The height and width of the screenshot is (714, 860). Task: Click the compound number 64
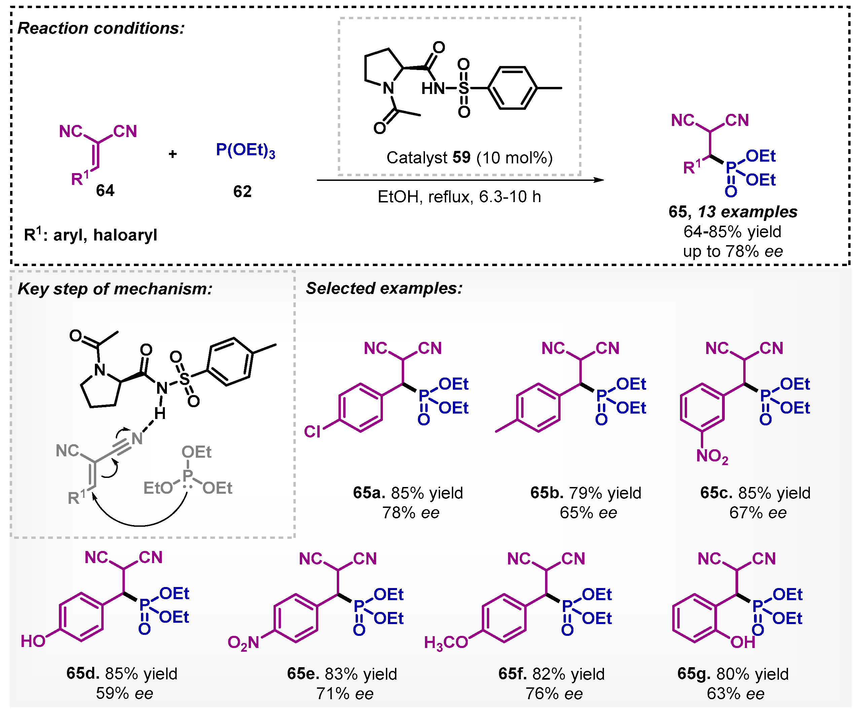[x=105, y=191]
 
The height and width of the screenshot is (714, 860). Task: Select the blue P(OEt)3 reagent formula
[x=245, y=151]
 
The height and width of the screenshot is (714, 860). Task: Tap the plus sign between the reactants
[x=172, y=154]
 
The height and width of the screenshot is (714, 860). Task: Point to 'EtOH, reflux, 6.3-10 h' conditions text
[x=459, y=197]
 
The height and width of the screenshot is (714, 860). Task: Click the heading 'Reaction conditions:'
[x=101, y=28]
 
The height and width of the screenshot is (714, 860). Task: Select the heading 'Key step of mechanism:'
[x=115, y=289]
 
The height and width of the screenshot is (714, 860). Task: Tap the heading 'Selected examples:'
[x=384, y=288]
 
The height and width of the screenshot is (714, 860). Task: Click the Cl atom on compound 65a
[x=312, y=431]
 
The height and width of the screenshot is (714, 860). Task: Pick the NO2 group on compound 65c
[x=712, y=456]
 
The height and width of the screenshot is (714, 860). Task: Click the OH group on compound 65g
[x=743, y=642]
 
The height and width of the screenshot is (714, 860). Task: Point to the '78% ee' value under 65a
[x=411, y=513]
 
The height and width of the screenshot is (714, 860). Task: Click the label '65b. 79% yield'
[x=586, y=493]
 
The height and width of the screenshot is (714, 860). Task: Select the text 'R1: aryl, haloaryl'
[x=91, y=235]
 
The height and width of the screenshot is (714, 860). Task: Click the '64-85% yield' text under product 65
[x=732, y=232]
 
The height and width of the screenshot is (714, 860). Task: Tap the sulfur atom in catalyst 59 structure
[x=464, y=88]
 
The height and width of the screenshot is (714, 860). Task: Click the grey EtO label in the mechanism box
[x=158, y=488]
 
